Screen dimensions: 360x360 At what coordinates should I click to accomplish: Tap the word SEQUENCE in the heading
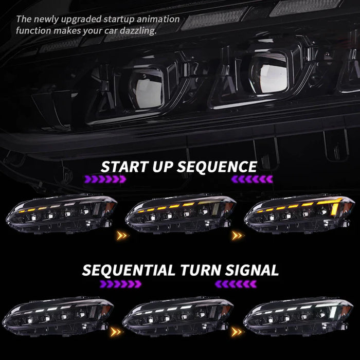tap(217, 167)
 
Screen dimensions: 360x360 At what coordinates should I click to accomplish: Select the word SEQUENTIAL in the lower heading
tap(129, 270)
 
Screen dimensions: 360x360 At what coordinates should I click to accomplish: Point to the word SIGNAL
tap(251, 270)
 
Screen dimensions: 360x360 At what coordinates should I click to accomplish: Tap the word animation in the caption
tap(158, 19)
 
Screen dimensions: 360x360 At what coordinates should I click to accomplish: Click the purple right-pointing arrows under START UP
tap(105, 179)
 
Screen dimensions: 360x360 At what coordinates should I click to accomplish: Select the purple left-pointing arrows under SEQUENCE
tap(252, 179)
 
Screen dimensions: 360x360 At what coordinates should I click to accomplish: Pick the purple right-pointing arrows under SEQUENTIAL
tap(120, 284)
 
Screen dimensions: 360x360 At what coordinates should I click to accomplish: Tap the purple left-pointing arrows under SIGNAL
tap(236, 284)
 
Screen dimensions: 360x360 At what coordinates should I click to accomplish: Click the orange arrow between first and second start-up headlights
tap(121, 236)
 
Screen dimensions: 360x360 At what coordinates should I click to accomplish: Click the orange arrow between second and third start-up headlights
tap(237, 236)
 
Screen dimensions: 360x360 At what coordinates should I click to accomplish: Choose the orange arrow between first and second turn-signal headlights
tap(115, 332)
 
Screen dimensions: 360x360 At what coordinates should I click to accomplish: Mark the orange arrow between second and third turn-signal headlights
tap(237, 332)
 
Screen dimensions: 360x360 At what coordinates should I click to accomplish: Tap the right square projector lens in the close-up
tap(269, 73)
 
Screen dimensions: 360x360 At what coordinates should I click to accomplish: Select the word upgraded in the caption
tap(81, 20)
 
